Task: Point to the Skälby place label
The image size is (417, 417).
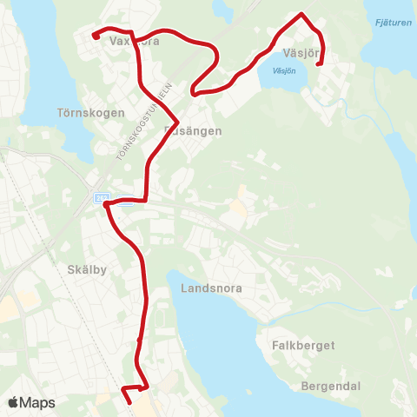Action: [86, 269]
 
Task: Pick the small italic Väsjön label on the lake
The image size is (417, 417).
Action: [284, 70]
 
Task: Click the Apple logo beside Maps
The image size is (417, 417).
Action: [13, 402]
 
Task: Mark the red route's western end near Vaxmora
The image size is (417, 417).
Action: [95, 36]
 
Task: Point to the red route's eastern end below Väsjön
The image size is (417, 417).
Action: [317, 63]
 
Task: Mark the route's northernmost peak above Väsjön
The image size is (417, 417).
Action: [301, 14]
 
